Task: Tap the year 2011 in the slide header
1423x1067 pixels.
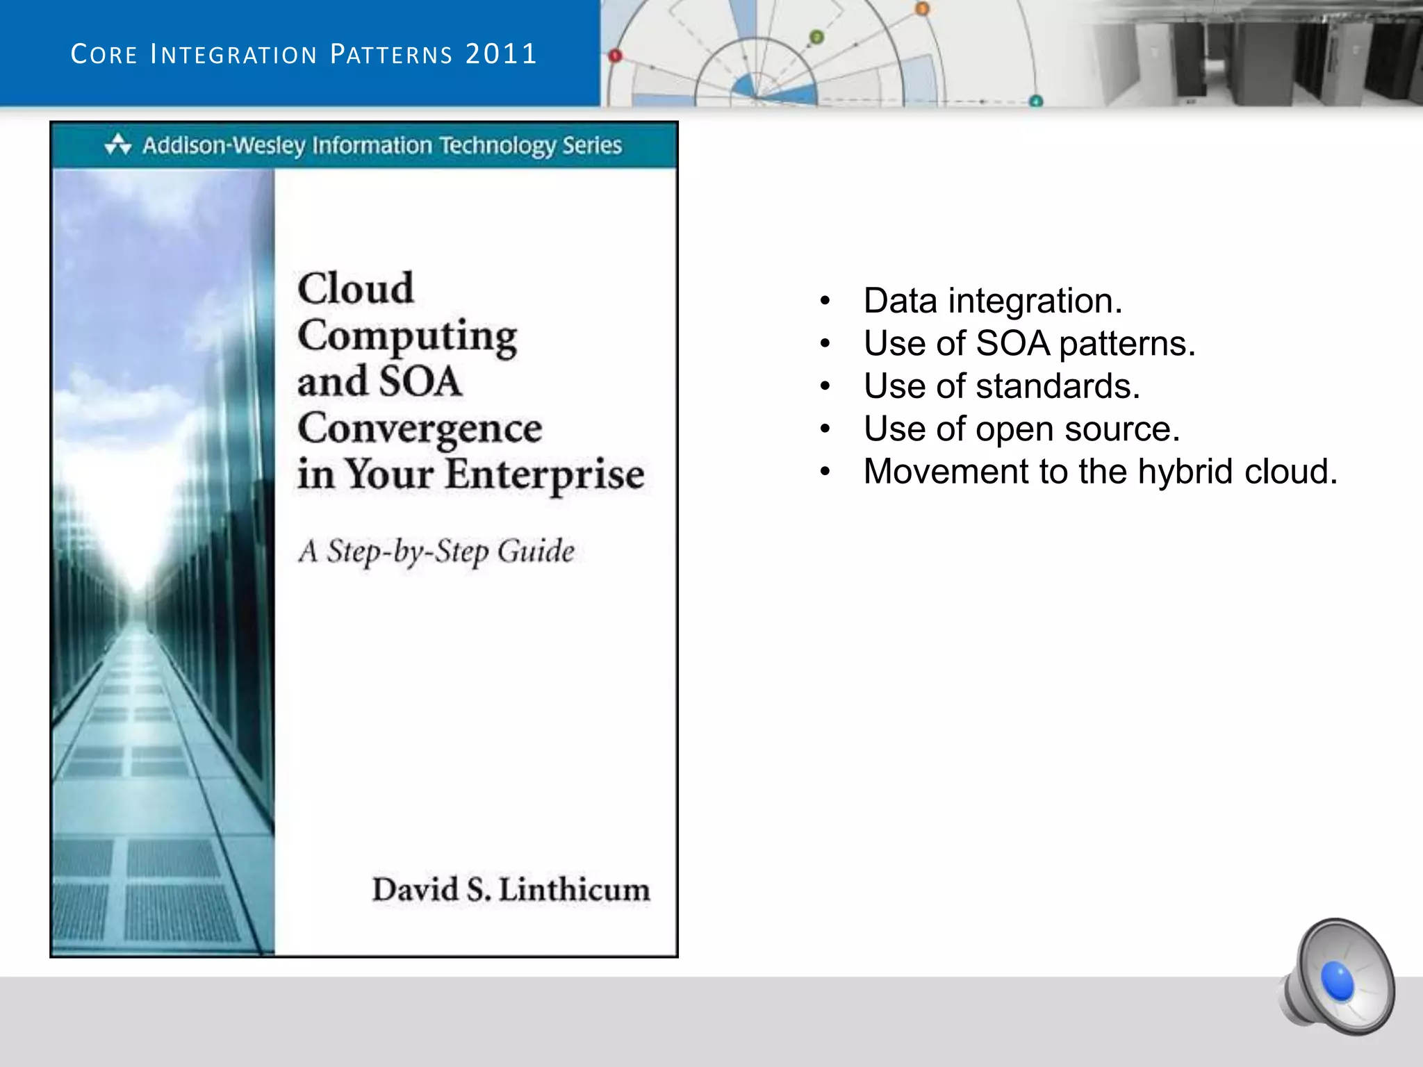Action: [x=501, y=54]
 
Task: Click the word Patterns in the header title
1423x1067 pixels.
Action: [x=391, y=54]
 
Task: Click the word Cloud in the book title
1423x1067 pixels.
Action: [x=356, y=288]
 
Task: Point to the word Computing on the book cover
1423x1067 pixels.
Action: [x=407, y=336]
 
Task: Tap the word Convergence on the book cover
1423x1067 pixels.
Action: [x=420, y=429]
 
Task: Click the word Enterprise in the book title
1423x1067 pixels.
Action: [x=545, y=475]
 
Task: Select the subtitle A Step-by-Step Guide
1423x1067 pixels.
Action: [x=436, y=552]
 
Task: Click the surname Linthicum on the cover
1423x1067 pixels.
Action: [x=575, y=890]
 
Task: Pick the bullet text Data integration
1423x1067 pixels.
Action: [x=992, y=301]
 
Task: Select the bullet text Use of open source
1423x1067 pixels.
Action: [x=1021, y=429]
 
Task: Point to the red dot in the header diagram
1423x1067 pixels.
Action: [x=615, y=56]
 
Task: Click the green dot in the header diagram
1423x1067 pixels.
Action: [x=817, y=37]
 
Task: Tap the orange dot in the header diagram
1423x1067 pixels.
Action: [x=922, y=9]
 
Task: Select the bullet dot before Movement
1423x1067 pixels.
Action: [x=825, y=472]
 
